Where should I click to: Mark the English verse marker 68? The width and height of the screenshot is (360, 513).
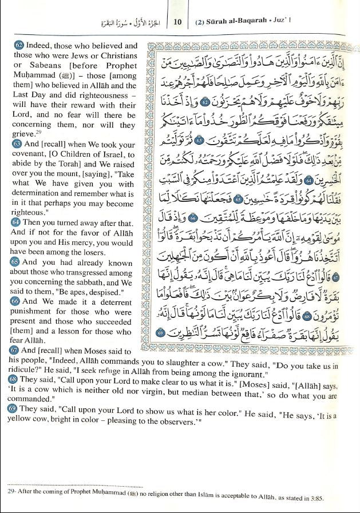13,379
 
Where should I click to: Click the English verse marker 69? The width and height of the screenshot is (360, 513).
13,408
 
